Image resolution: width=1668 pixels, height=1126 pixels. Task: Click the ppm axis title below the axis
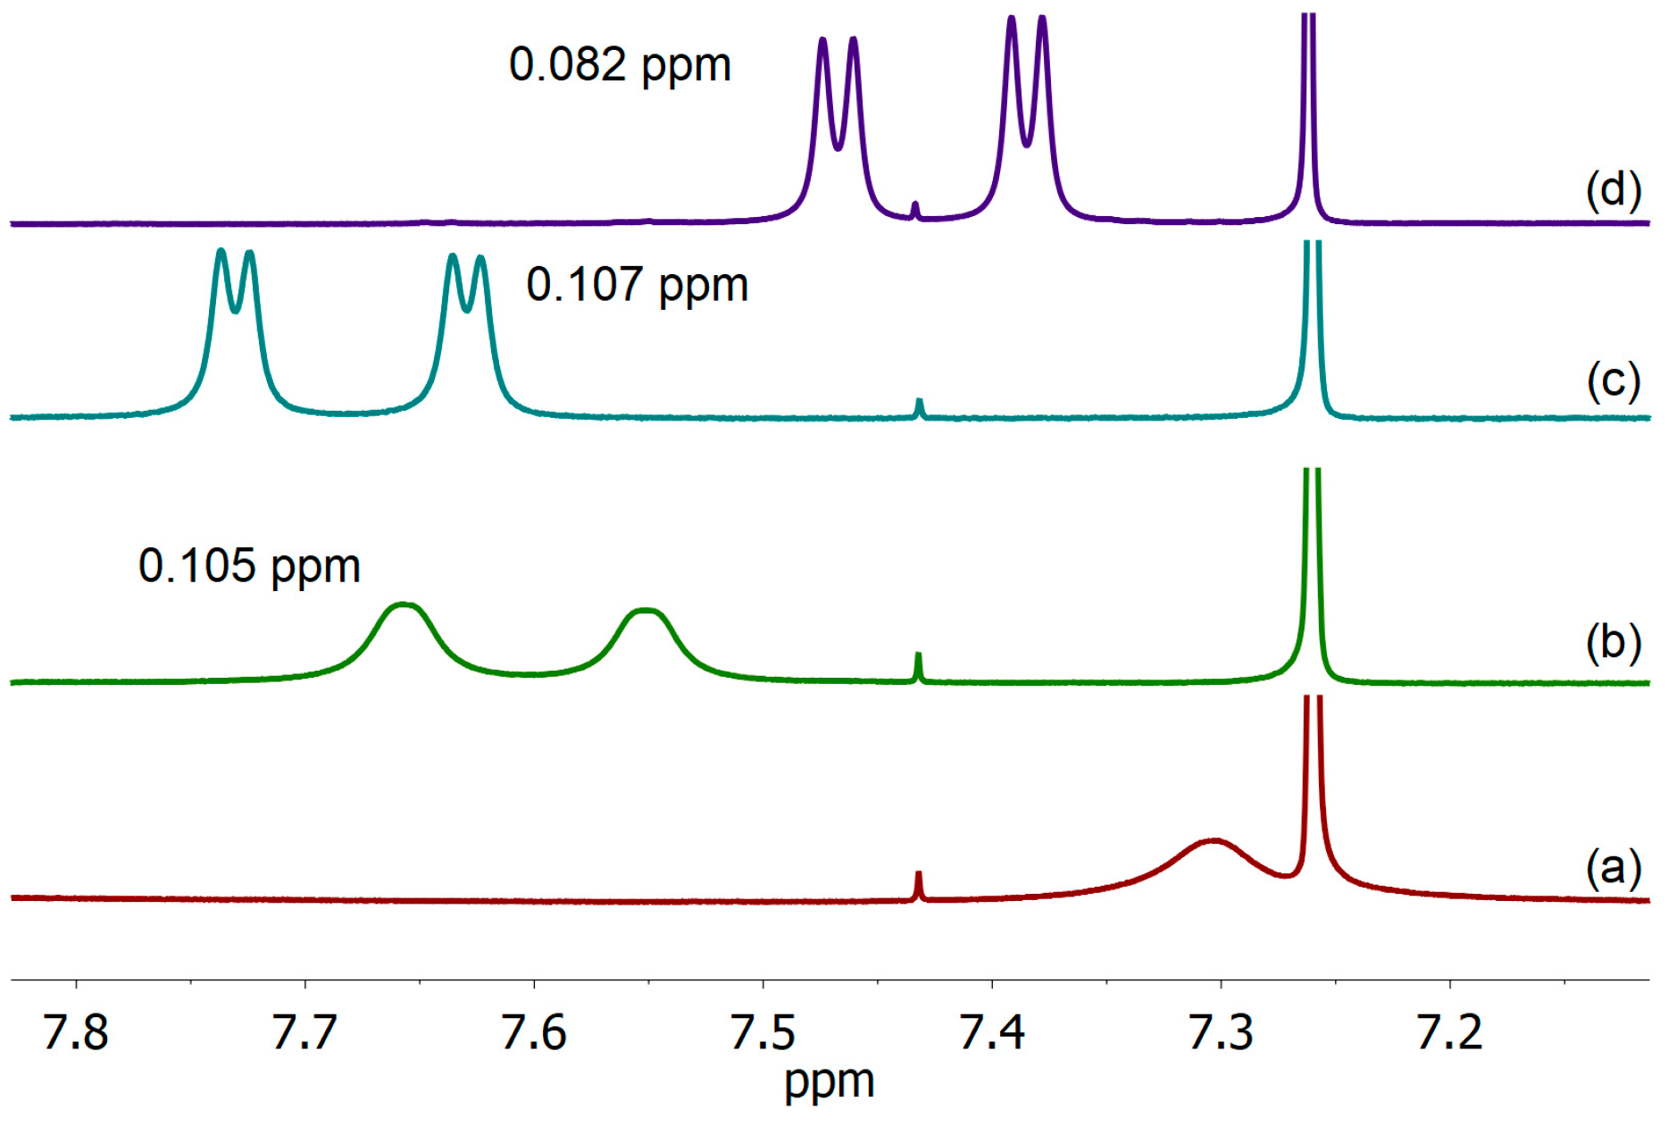tap(829, 1083)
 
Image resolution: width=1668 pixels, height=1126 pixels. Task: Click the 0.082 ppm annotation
tap(620, 65)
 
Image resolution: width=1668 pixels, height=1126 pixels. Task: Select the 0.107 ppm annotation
tap(637, 286)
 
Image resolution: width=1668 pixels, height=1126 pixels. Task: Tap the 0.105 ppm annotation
tap(249, 566)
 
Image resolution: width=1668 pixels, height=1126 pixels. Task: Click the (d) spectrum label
tap(1613, 190)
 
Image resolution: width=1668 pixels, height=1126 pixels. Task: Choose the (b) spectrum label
tap(1613, 641)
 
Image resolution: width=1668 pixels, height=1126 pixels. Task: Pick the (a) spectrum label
tap(1613, 867)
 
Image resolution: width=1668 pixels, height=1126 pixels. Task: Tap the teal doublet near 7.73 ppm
tap(235, 286)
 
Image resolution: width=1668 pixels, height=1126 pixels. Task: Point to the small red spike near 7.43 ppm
tap(918, 885)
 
